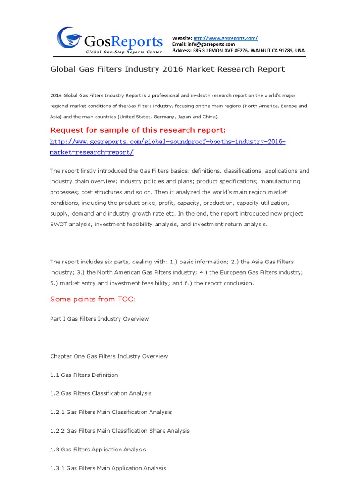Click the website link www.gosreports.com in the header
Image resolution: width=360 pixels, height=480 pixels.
(x=225, y=38)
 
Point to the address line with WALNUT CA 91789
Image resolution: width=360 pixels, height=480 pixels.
(x=239, y=50)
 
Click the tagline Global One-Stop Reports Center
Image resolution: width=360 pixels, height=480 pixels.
(x=124, y=52)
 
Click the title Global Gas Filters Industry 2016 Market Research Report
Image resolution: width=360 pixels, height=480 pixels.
(x=167, y=69)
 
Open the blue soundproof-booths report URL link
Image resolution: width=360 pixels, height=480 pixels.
(x=167, y=142)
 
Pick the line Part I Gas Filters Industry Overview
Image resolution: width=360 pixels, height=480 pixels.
(x=99, y=319)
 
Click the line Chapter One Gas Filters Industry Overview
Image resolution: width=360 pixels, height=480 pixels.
(x=109, y=356)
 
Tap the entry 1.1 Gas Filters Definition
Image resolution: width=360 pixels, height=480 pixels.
(x=84, y=375)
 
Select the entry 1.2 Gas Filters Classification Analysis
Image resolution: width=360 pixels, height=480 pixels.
(x=101, y=393)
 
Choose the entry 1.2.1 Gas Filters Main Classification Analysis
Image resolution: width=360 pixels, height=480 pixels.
(x=111, y=412)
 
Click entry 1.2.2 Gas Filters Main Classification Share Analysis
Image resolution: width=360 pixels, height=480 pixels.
(x=120, y=431)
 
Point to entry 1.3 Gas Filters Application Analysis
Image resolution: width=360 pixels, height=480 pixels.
(x=98, y=450)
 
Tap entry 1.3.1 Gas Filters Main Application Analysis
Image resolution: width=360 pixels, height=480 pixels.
(x=108, y=468)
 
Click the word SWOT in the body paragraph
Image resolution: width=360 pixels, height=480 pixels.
(x=58, y=224)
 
